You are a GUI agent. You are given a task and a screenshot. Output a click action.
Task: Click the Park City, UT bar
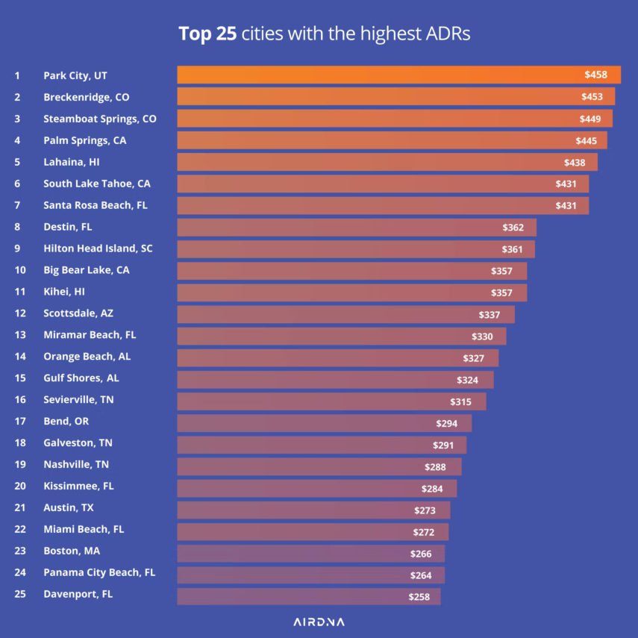[398, 75]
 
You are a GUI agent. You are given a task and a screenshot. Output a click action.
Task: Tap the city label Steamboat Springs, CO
[100, 119]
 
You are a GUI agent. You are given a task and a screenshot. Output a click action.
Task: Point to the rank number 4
[17, 140]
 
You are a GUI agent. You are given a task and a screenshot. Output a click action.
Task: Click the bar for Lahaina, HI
[387, 162]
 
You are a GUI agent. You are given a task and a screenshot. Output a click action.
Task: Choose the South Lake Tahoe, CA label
[96, 184]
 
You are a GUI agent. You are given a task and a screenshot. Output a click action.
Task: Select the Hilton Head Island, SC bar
[355, 248]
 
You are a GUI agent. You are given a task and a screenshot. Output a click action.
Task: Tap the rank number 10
[20, 270]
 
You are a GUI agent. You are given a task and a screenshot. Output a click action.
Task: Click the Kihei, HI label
[64, 292]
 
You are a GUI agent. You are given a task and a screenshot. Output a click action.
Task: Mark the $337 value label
[490, 315]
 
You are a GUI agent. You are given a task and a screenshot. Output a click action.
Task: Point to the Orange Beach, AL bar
[337, 357]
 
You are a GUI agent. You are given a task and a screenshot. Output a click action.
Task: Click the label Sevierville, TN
[78, 400]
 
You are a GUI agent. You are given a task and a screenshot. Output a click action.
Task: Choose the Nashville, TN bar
[319, 466]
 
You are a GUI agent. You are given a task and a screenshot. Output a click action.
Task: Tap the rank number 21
[20, 507]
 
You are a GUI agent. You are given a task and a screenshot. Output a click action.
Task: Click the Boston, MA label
[72, 551]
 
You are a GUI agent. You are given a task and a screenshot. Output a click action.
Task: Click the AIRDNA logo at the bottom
[319, 622]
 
